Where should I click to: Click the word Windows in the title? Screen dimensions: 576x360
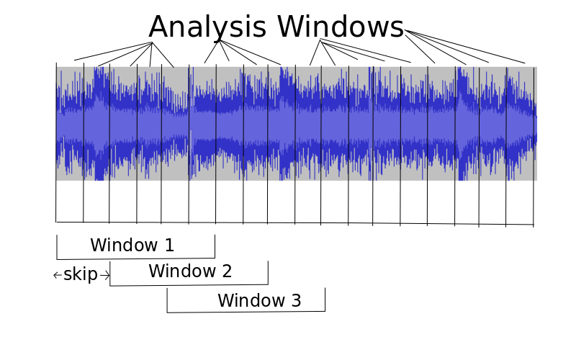pyautogui.click(x=341, y=27)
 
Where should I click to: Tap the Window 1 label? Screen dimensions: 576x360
pyautogui.click(x=132, y=245)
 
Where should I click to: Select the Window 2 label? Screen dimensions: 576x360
pyautogui.click(x=190, y=271)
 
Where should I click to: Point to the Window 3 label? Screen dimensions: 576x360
pyautogui.click(x=259, y=300)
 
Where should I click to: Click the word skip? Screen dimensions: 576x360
pyautogui.click(x=81, y=274)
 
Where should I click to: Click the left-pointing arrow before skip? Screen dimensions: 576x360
pyautogui.click(x=58, y=275)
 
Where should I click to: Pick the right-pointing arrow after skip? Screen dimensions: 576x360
pyautogui.click(x=104, y=275)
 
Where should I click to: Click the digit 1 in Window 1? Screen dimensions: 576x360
pyautogui.click(x=170, y=245)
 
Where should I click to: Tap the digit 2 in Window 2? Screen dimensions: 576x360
pyautogui.click(x=227, y=271)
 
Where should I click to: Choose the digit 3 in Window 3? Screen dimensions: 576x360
pyautogui.click(x=297, y=300)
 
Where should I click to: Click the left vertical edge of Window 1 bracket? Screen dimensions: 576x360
pyautogui.click(x=57, y=247)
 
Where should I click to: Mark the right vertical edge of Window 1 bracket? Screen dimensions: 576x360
pyautogui.click(x=215, y=246)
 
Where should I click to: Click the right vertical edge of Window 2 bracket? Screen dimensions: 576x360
pyautogui.click(x=268, y=273)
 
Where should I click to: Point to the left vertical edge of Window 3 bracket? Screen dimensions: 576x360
pyautogui.click(x=167, y=300)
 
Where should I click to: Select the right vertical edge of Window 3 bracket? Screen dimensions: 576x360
pyautogui.click(x=325, y=300)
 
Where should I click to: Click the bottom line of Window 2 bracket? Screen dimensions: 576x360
pyautogui.click(x=189, y=285)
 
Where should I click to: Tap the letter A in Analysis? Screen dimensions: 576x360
pyautogui.click(x=161, y=27)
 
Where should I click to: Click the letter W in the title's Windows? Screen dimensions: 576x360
pyautogui.click(x=293, y=27)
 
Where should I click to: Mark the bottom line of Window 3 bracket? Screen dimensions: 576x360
pyautogui.click(x=246, y=312)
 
